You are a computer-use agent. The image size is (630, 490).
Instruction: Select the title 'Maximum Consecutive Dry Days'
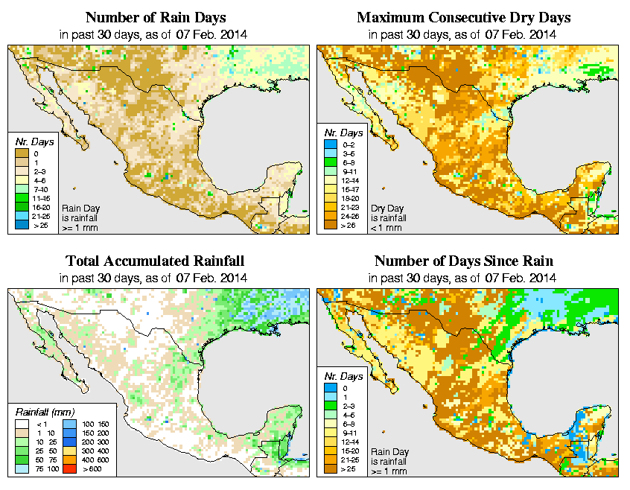point(464,17)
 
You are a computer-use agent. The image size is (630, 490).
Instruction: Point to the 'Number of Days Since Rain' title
point(464,261)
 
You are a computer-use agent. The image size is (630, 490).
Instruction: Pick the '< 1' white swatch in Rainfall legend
point(25,423)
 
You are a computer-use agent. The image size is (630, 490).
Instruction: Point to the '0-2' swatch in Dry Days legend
point(331,143)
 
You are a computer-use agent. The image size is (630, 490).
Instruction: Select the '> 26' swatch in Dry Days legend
point(331,226)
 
